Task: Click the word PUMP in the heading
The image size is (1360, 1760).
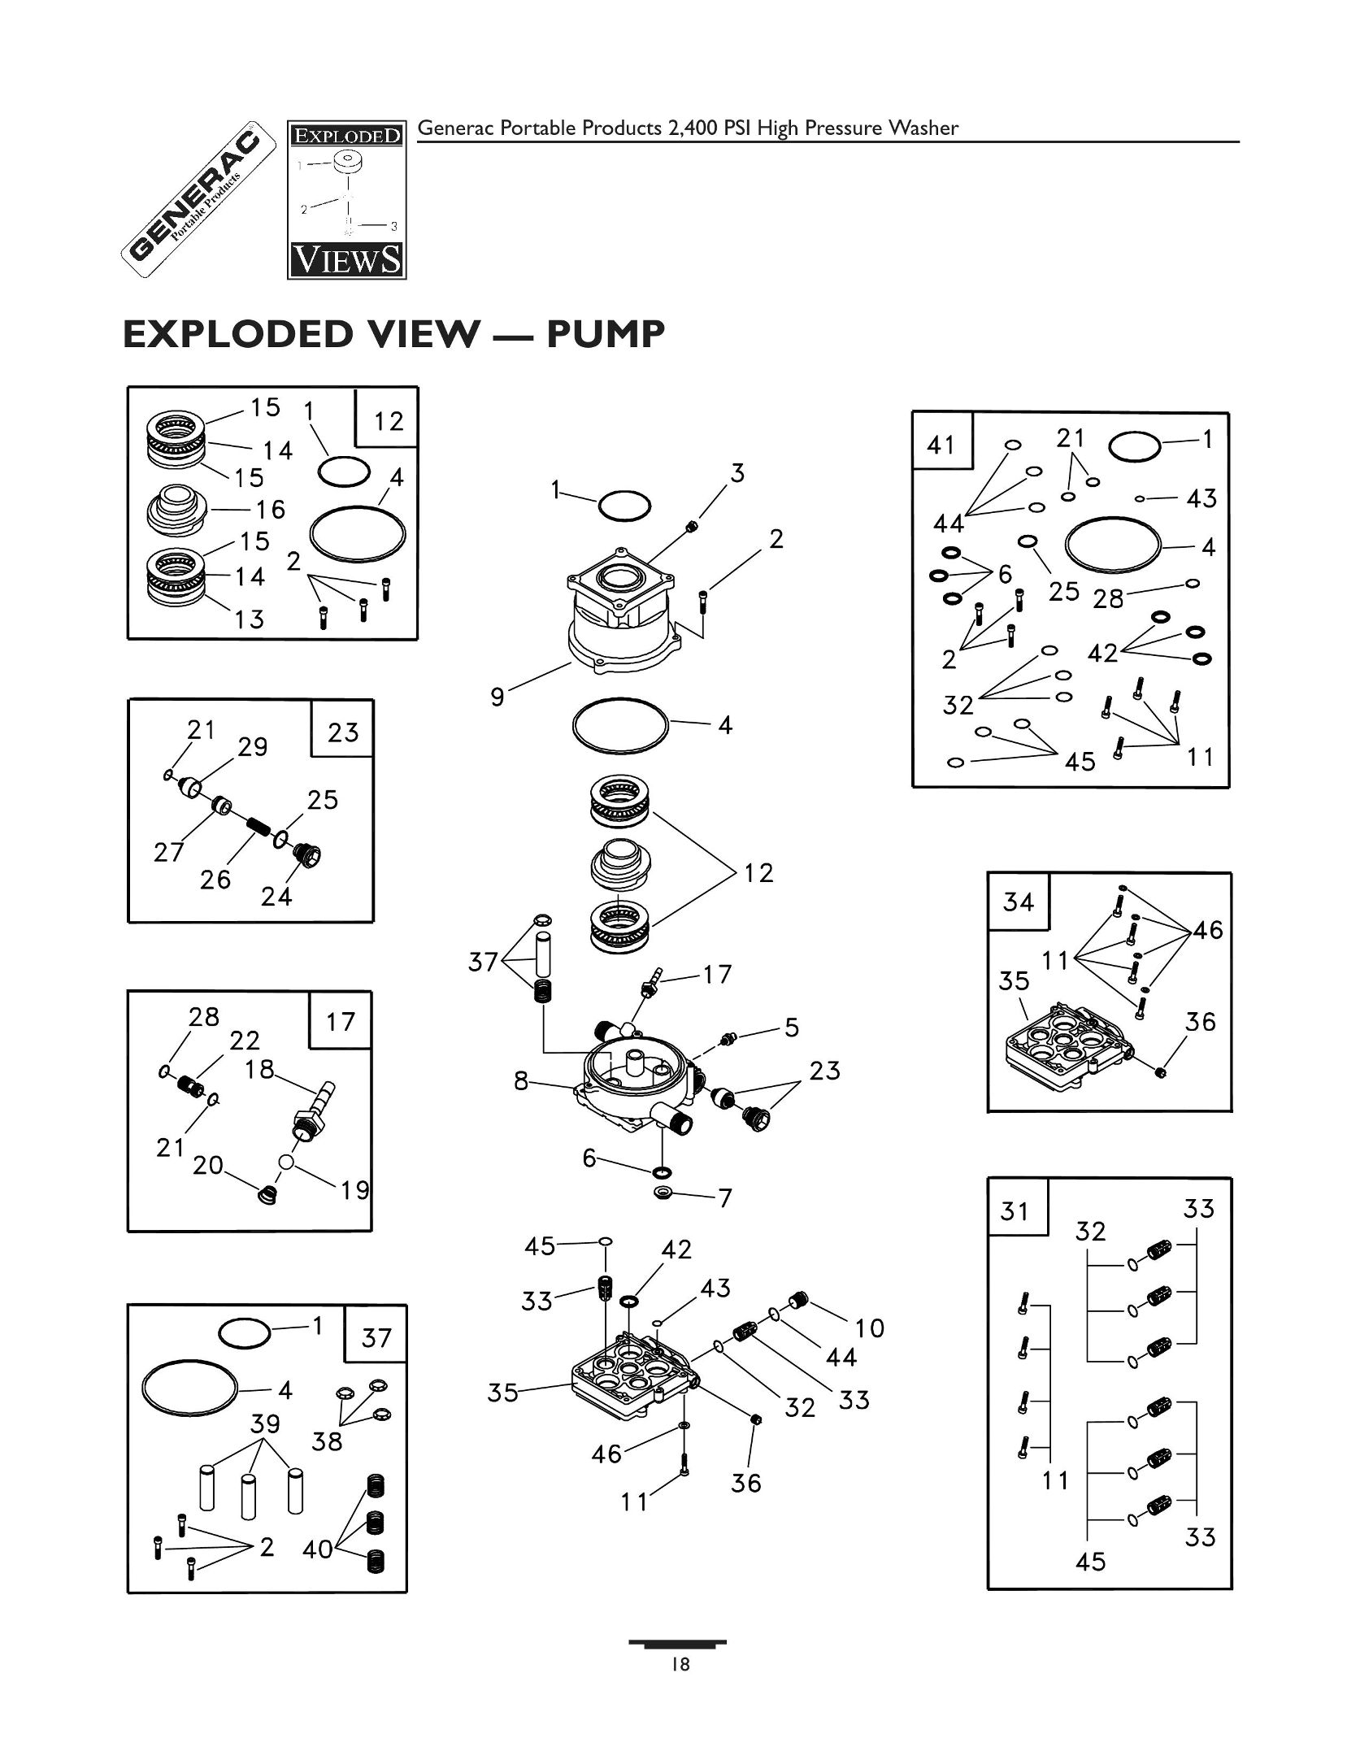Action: point(605,334)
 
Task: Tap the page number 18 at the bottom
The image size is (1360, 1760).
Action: point(680,1665)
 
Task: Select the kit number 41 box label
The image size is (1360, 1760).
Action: point(941,445)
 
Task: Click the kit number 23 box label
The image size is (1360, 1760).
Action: point(343,732)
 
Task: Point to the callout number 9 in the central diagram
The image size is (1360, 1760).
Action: point(498,697)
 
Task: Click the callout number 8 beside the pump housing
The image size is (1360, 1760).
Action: point(521,1080)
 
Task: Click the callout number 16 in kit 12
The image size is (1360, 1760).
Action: point(270,510)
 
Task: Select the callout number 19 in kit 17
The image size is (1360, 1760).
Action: point(355,1190)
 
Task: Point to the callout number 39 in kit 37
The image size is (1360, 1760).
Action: point(265,1423)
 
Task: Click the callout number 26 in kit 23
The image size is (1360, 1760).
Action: point(215,879)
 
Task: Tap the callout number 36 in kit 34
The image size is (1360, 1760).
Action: point(1200,1022)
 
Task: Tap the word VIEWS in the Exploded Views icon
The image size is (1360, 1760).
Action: point(346,260)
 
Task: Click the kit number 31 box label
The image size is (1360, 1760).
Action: point(1015,1212)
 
